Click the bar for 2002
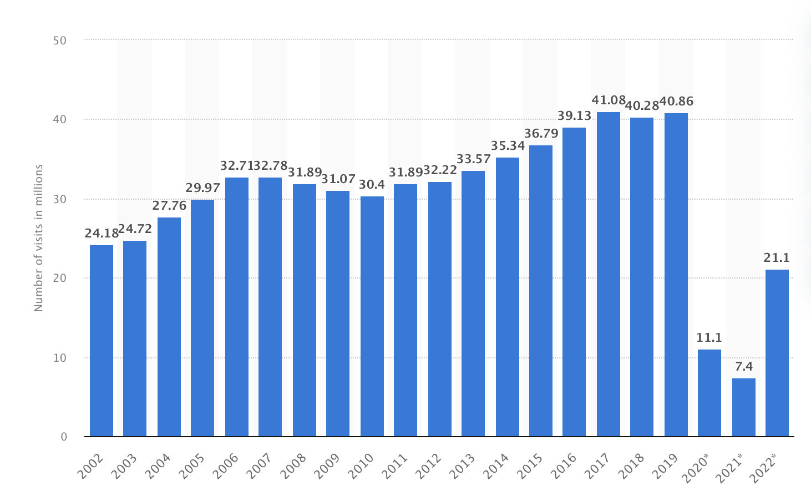(102, 341)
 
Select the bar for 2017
(609, 274)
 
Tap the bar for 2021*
(744, 407)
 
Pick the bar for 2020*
(709, 393)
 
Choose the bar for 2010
(372, 316)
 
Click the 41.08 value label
(609, 100)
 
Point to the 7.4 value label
(744, 367)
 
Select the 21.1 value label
(777, 258)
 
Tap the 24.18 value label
(102, 234)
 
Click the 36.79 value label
(541, 134)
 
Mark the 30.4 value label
(372, 185)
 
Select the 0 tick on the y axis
(64, 437)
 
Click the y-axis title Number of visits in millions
(39, 237)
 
